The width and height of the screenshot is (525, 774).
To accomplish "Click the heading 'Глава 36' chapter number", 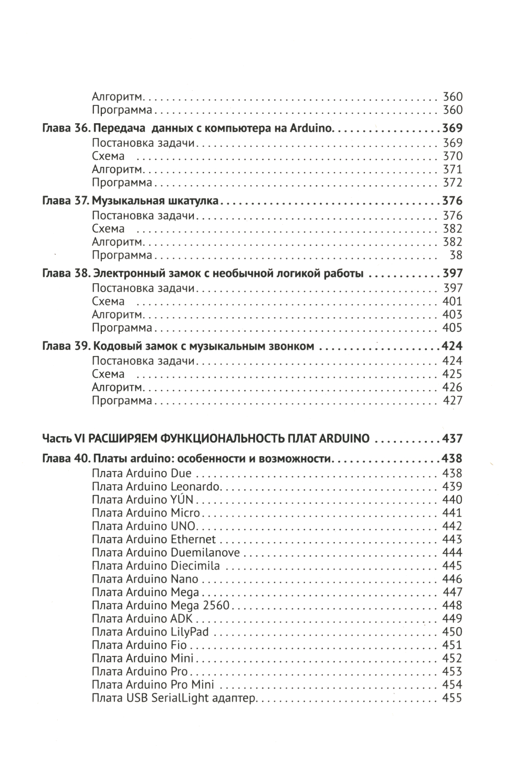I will point(67,128).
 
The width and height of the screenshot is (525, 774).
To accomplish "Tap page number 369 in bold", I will point(452,128).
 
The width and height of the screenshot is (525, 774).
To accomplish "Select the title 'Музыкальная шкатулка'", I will point(156,201).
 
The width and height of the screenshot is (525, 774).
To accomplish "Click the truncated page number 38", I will point(456,255).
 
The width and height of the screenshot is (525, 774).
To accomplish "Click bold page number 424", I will point(452,347).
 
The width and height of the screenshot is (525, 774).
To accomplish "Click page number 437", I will point(452,438).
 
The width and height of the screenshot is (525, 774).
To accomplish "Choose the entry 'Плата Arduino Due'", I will point(142,474).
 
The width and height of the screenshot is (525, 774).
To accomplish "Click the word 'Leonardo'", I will point(196,487).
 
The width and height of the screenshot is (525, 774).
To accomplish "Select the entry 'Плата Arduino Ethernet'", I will point(154,540).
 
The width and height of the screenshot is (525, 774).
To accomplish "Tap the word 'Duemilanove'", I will point(205,553).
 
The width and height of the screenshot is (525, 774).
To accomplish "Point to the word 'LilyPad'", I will point(190,632).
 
